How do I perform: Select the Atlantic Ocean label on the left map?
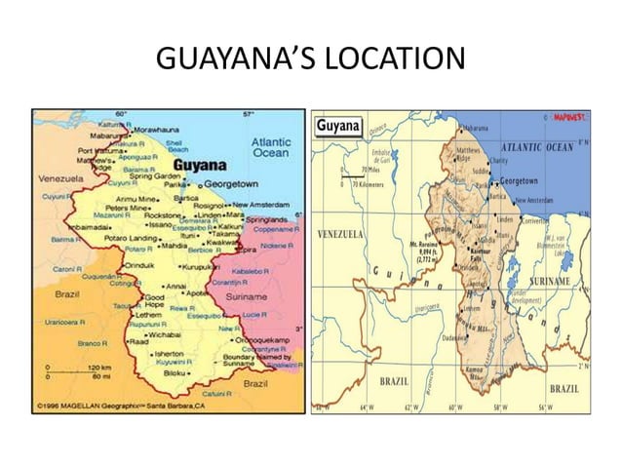pyautogui.click(x=270, y=147)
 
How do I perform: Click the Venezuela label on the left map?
pyautogui.click(x=61, y=179)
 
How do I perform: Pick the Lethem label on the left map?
pyautogui.click(x=148, y=315)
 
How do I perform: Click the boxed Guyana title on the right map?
pyautogui.click(x=338, y=127)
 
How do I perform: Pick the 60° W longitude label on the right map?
pyautogui.click(x=452, y=407)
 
